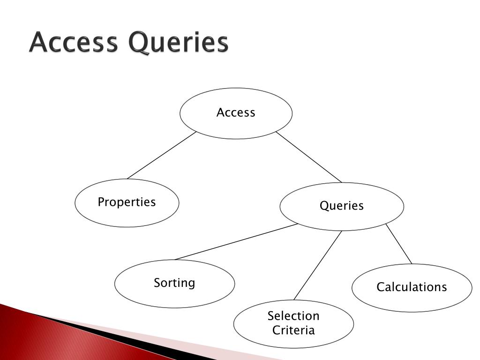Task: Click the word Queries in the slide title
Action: [179, 44]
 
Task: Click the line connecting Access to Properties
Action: [161, 156]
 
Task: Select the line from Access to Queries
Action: [309, 157]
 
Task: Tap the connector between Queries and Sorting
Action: [236, 242]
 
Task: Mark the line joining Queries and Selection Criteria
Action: [317, 265]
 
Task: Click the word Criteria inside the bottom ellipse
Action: [293, 330]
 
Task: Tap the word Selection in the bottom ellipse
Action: [293, 316]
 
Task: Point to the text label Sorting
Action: [174, 283]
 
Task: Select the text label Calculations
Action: [412, 287]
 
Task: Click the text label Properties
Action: [127, 202]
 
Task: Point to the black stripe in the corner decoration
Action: [117, 337]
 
